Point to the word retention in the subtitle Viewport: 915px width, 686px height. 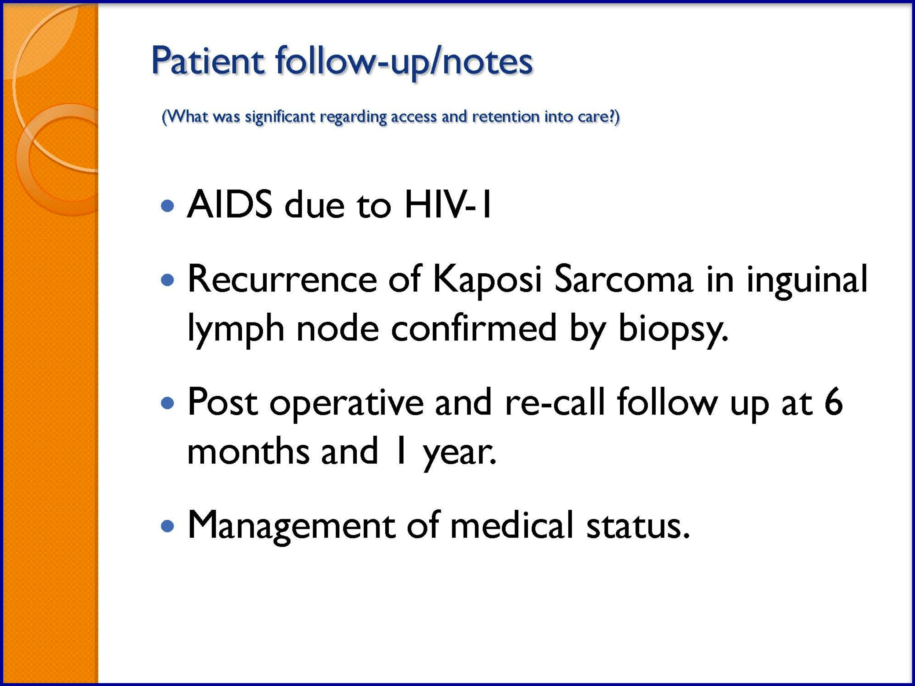click(506, 117)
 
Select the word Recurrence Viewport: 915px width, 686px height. click(283, 279)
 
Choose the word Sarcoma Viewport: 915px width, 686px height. click(623, 279)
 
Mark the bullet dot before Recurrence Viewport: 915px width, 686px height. click(167, 281)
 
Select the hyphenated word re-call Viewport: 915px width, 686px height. click(555, 402)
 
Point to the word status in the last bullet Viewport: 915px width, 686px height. click(638, 525)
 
